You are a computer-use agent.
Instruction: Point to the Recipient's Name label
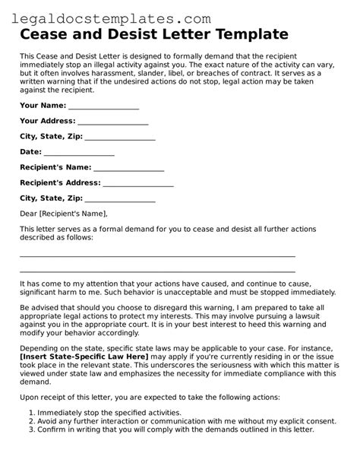point(55,167)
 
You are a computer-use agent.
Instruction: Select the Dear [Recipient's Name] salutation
point(64,214)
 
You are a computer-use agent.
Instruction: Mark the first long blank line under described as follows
point(157,256)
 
